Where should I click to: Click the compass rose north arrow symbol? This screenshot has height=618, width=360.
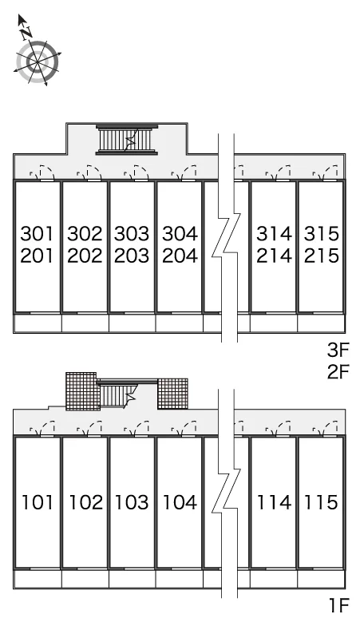tap(37, 51)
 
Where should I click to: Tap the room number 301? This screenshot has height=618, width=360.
tap(37, 233)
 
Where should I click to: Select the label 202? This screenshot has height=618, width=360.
tap(85, 256)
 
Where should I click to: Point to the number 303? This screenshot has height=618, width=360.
tap(132, 233)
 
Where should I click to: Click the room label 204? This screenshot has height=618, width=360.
tap(180, 256)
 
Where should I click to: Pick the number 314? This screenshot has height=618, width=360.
tap(274, 233)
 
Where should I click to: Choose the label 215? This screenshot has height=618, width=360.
tap(322, 256)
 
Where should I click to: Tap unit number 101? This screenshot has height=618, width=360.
tap(37, 502)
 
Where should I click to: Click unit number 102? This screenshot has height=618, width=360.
tap(85, 502)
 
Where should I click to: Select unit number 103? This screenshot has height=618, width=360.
tap(132, 502)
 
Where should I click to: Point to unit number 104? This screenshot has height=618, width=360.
tap(180, 502)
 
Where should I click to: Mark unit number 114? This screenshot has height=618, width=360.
tap(274, 502)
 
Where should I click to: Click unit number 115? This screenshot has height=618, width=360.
tap(321, 502)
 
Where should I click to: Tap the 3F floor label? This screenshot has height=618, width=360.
tap(338, 349)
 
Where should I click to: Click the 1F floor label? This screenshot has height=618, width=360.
tap(339, 604)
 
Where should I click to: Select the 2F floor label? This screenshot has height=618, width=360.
tap(338, 371)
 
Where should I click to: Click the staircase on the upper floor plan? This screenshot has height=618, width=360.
tap(127, 140)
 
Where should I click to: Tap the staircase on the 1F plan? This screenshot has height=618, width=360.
tap(117, 395)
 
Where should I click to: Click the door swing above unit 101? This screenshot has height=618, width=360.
tap(42, 429)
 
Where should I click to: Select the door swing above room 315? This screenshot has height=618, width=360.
tap(326, 172)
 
